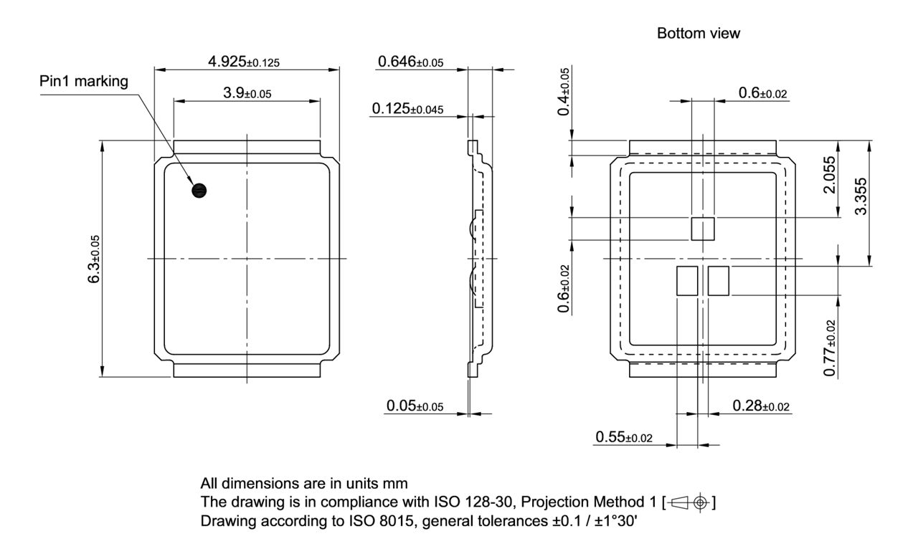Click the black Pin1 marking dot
(199, 190)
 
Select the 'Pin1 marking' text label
(84, 82)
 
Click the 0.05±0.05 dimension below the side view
(415, 406)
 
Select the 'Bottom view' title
(694, 34)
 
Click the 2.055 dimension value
(829, 174)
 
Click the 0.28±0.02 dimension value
(761, 406)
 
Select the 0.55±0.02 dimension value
(623, 437)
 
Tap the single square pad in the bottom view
(703, 229)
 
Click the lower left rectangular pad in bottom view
(687, 280)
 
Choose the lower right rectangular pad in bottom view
(719, 280)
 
